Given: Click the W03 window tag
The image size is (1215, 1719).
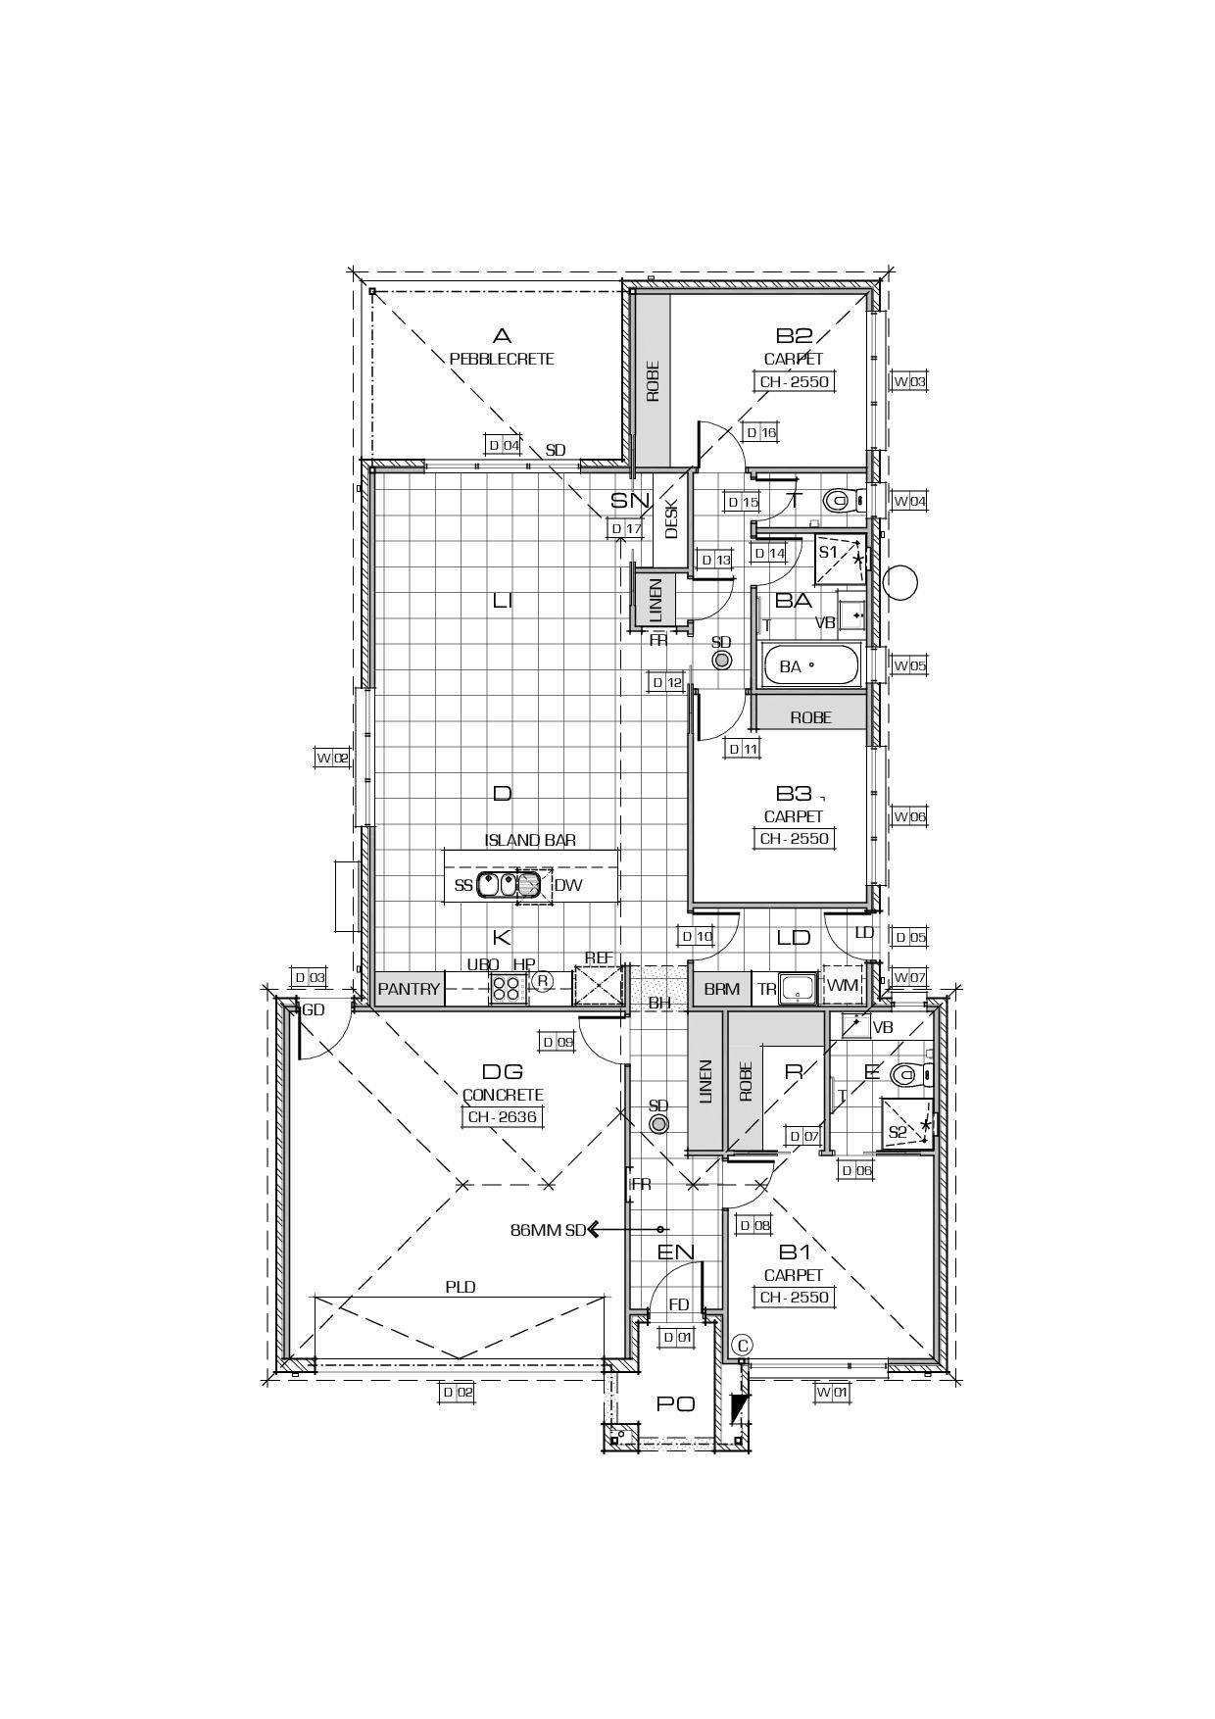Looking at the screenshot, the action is (x=908, y=381).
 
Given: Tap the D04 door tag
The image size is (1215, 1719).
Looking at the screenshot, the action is (x=504, y=445).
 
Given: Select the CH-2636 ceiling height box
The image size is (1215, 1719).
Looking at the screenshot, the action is (x=503, y=1116).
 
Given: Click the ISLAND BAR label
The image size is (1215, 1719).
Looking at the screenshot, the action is (x=530, y=840).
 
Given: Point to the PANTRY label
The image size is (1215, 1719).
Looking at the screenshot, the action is (x=409, y=989).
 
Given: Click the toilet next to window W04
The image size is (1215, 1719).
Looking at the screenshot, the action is (x=838, y=501).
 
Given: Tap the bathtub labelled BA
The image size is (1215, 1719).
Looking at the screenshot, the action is (x=810, y=666).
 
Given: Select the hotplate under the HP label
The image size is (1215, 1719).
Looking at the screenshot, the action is (x=508, y=988).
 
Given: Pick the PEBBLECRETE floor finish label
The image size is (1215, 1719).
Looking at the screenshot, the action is (x=502, y=359).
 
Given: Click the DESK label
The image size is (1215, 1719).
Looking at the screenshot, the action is (x=672, y=519).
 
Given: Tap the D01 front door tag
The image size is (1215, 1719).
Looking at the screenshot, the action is (x=677, y=1337).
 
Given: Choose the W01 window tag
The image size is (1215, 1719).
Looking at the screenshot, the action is (x=831, y=1391).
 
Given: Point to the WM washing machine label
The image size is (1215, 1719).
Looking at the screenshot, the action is (x=842, y=986).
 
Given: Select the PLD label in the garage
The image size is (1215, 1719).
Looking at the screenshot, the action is (x=461, y=1287).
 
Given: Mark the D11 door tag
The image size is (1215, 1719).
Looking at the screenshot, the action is (x=744, y=749).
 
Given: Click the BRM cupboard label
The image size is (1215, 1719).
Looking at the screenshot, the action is (x=722, y=989).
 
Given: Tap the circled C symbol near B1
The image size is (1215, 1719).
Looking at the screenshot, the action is (x=742, y=1344).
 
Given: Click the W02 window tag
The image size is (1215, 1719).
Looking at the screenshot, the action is (x=332, y=757).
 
